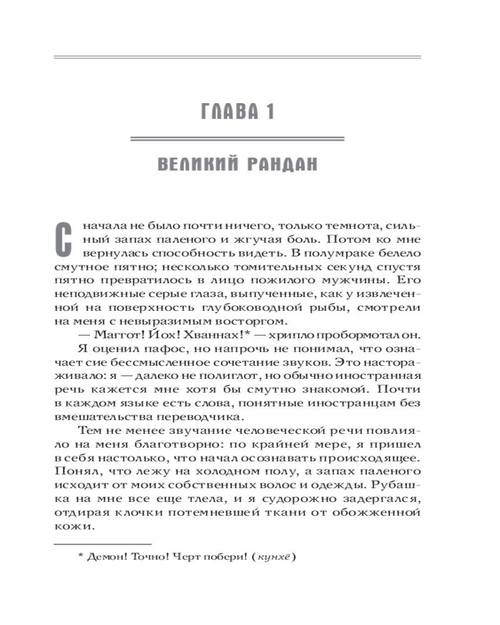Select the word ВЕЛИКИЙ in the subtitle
194,165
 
